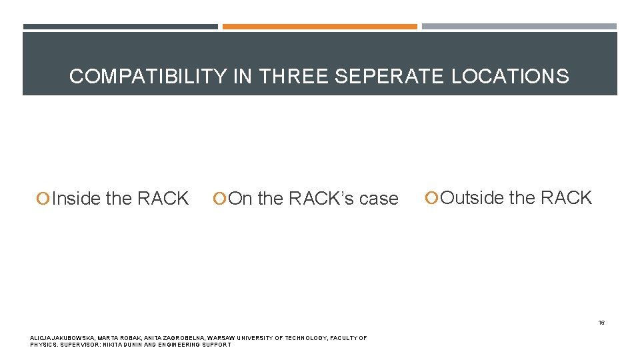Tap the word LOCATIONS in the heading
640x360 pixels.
(510, 76)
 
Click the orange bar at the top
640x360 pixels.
(319, 27)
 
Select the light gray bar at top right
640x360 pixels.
(519, 27)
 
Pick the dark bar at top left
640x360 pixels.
(120, 27)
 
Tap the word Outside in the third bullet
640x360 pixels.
(473, 198)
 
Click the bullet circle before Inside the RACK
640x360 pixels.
(43, 199)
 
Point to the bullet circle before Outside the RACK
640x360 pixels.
(433, 198)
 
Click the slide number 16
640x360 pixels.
(601, 323)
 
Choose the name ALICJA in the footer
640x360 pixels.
(41, 338)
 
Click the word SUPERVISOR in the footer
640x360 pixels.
(80, 345)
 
